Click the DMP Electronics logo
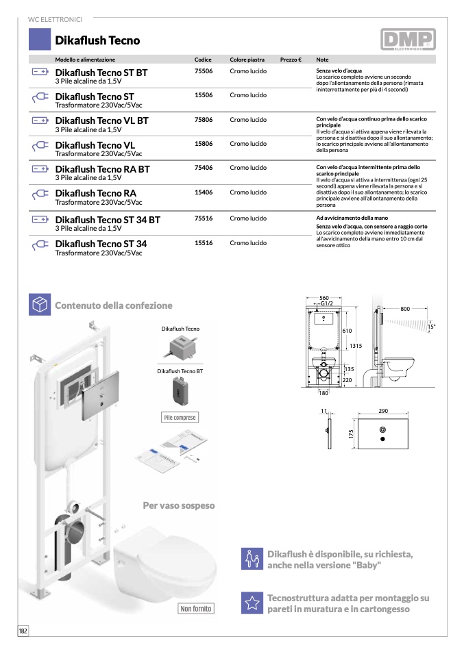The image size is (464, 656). pyautogui.click(x=407, y=40)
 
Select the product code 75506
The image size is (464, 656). pyautogui.click(x=204, y=71)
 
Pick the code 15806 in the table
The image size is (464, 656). pyautogui.click(x=204, y=144)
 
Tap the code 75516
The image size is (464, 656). pyautogui.click(x=204, y=218)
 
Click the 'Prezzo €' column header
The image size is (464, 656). pyautogui.click(x=291, y=60)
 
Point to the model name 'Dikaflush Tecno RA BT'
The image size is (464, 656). pyautogui.click(x=102, y=168)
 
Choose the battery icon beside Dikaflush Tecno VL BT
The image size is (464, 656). pyautogui.click(x=40, y=121)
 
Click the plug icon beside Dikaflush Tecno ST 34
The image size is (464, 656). pyautogui.click(x=40, y=244)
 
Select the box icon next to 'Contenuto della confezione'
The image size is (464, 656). pyautogui.click(x=40, y=305)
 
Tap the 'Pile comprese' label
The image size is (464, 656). pyautogui.click(x=180, y=418)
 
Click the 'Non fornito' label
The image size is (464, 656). pyautogui.click(x=196, y=609)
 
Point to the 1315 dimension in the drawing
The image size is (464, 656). pyautogui.click(x=356, y=346)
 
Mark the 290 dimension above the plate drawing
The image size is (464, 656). pyautogui.click(x=382, y=411)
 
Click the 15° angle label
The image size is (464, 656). pyautogui.click(x=431, y=327)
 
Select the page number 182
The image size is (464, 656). pyautogui.click(x=23, y=631)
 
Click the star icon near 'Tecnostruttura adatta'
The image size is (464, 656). pyautogui.click(x=252, y=603)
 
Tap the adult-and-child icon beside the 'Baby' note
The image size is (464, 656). pyautogui.click(x=252, y=559)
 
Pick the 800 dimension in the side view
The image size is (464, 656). pyautogui.click(x=405, y=310)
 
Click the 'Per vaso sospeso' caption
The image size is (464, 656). pyautogui.click(x=178, y=505)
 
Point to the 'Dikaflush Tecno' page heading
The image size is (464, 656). pyautogui.click(x=97, y=40)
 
